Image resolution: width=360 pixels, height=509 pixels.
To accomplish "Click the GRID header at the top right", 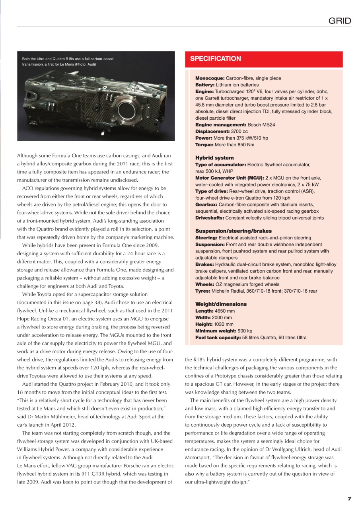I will [x=340, y=21].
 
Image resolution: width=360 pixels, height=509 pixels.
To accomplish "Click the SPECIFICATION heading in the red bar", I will [x=215, y=59].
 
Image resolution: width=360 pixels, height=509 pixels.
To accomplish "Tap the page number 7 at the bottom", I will [x=349, y=499].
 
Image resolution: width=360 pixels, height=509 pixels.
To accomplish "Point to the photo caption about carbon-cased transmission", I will [x=68, y=61].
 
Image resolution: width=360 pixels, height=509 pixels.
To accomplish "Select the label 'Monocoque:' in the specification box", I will [x=210, y=78].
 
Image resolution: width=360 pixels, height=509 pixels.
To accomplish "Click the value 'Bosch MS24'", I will [x=261, y=125].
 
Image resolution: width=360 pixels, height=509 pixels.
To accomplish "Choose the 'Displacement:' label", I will [x=212, y=131].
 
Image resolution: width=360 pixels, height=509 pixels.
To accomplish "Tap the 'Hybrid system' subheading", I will [x=214, y=158].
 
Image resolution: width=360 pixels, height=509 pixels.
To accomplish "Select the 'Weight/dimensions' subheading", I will [x=221, y=304].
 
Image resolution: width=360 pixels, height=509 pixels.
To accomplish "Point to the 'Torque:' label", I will [x=204, y=145].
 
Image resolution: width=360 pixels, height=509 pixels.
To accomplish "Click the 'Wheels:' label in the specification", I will [x=205, y=284].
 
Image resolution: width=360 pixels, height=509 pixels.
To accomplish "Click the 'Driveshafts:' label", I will [x=210, y=218].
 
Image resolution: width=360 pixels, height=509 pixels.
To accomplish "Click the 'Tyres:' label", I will [x=203, y=291].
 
